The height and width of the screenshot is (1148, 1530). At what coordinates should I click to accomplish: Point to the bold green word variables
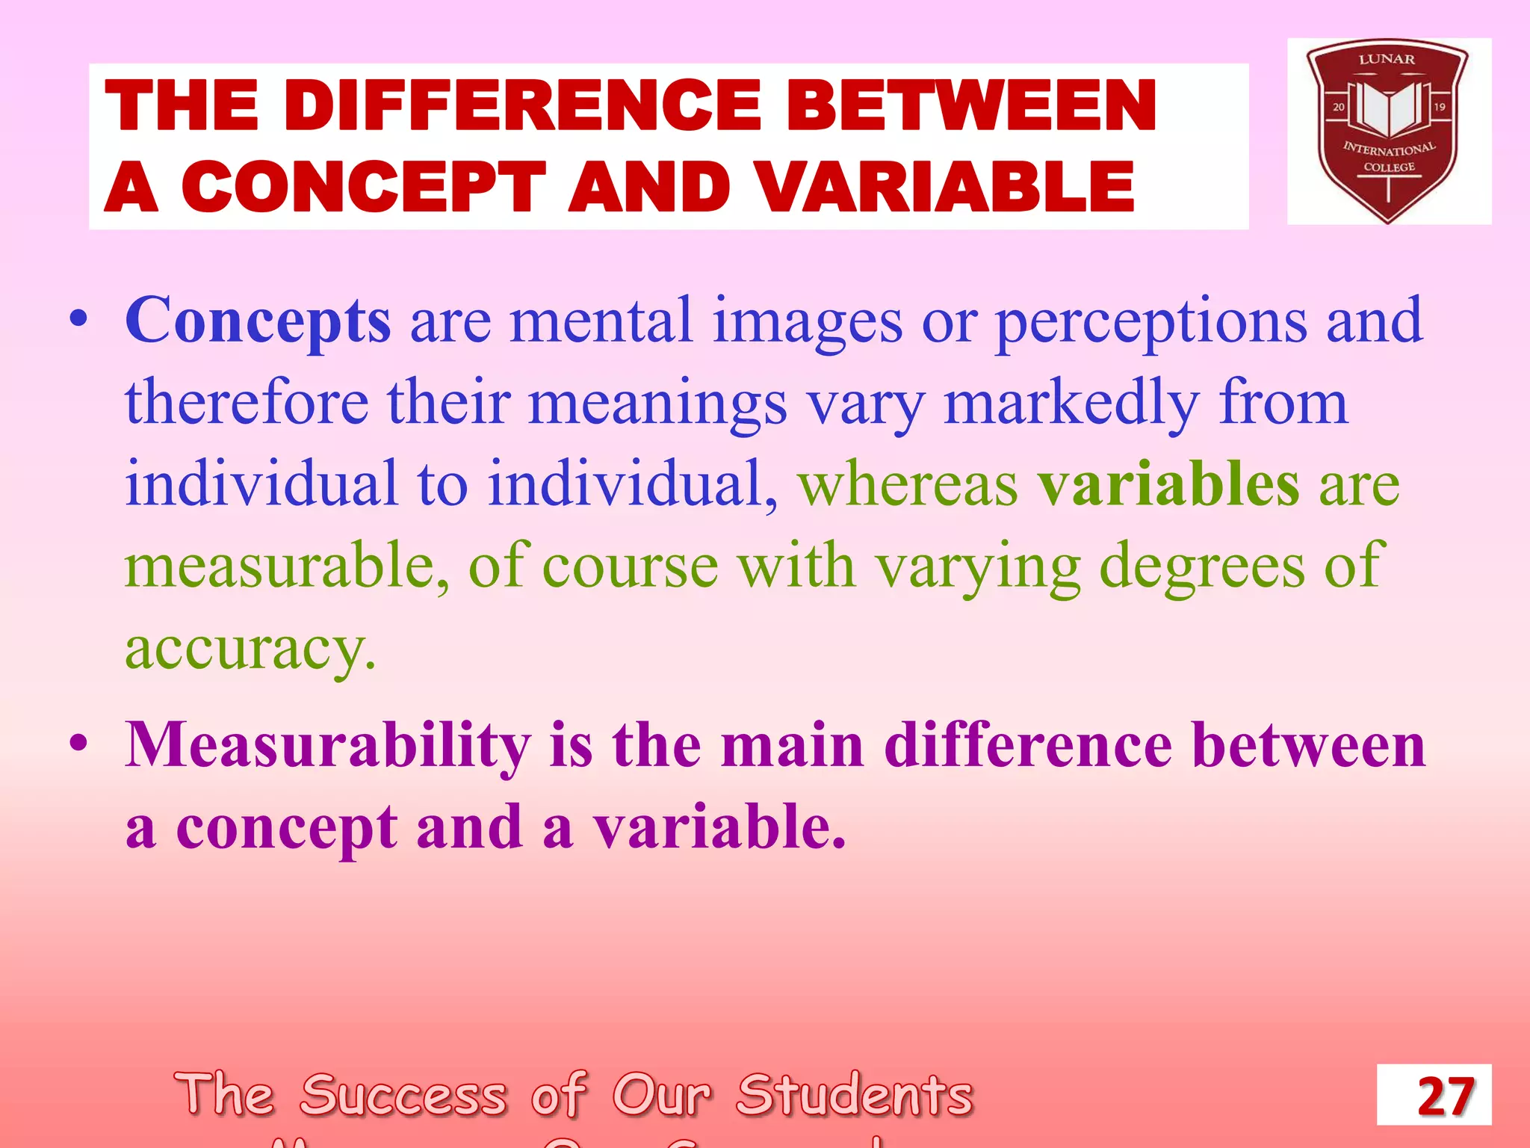[1169, 484]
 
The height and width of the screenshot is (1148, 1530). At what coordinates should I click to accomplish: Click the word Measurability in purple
[328, 745]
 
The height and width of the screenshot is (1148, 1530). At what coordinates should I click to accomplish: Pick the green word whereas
[908, 484]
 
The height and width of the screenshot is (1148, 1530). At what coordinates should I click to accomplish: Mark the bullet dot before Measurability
[78, 745]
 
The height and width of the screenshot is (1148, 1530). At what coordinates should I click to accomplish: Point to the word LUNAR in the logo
[1387, 59]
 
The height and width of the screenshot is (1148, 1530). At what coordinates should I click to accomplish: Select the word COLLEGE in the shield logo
[1390, 167]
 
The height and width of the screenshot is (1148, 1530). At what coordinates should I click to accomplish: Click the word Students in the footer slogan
[855, 1096]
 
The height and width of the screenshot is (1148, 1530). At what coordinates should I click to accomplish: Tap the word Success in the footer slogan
[404, 1096]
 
